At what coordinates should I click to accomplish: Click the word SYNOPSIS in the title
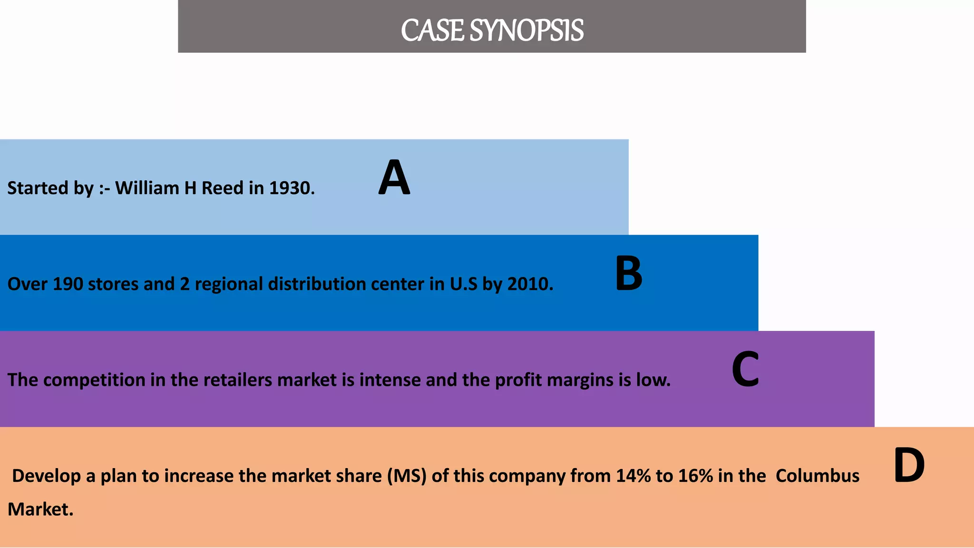click(526, 30)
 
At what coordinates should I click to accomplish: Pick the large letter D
click(909, 466)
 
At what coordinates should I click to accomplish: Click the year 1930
click(292, 188)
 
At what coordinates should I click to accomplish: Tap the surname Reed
click(223, 188)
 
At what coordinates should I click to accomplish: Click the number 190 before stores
click(68, 284)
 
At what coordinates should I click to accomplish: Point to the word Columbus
click(817, 476)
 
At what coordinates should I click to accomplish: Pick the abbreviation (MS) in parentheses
click(407, 476)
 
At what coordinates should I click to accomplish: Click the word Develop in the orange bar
click(46, 476)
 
